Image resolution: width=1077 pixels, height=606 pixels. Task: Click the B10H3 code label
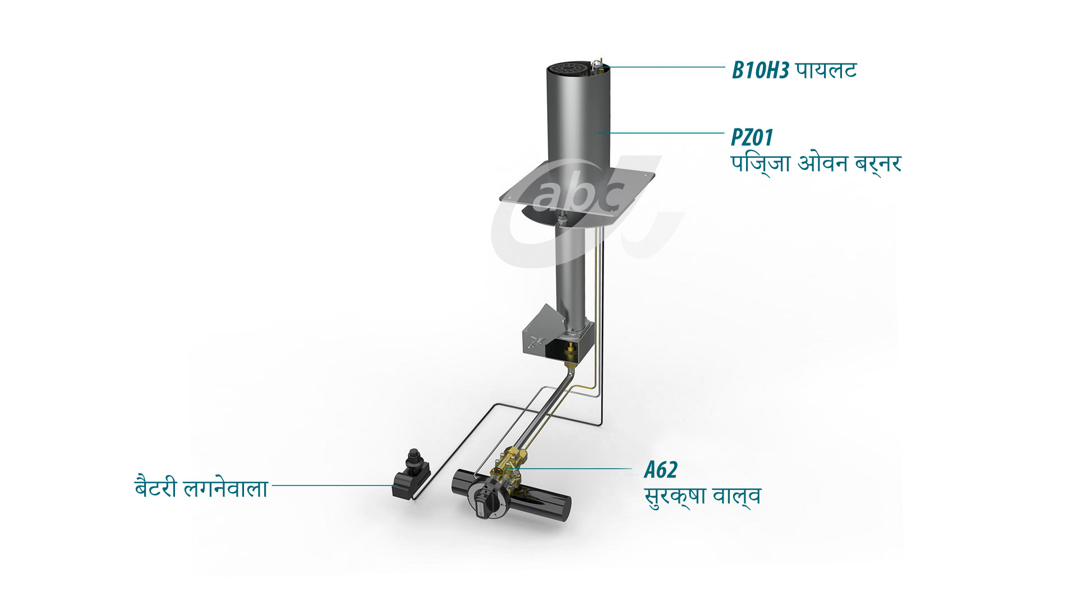coord(760,71)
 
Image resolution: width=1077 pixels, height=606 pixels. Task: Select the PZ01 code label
coord(752,137)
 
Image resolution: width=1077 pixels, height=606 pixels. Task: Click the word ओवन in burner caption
coord(822,163)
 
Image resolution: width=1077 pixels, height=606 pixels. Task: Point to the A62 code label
coord(661,470)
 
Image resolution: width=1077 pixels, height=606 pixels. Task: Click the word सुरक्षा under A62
coord(675,497)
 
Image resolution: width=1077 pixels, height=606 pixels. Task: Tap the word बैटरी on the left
coord(155,487)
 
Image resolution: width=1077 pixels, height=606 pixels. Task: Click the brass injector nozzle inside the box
coord(571,352)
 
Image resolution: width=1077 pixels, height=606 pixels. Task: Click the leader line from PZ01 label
coord(662,133)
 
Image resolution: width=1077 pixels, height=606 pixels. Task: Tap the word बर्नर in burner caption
coord(877,163)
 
